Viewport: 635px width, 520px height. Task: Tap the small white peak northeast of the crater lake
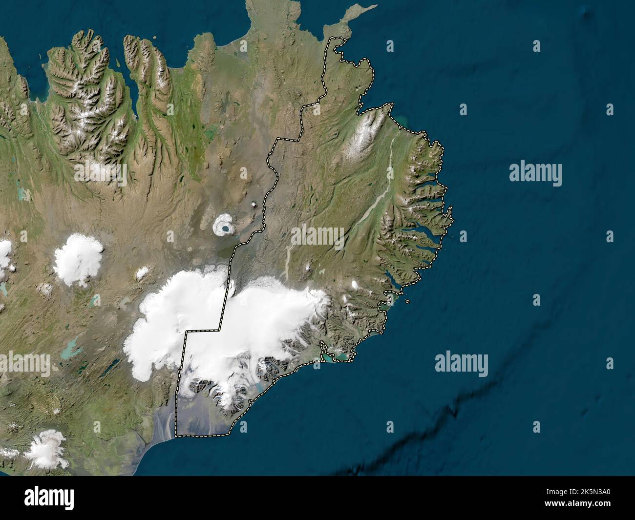pyautogui.click(x=254, y=205)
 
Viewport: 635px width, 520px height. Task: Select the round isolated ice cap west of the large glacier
pyautogui.click(x=78, y=259)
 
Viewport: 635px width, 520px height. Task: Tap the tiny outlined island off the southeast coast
pyautogui.click(x=408, y=302)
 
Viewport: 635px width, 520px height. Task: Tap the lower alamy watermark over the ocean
pyautogui.click(x=461, y=363)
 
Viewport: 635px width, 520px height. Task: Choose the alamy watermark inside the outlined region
pyautogui.click(x=317, y=235)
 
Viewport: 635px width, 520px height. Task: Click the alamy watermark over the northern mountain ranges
pyautogui.click(x=101, y=174)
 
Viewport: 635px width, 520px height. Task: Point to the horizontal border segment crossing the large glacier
pyautogui.click(x=201, y=331)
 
